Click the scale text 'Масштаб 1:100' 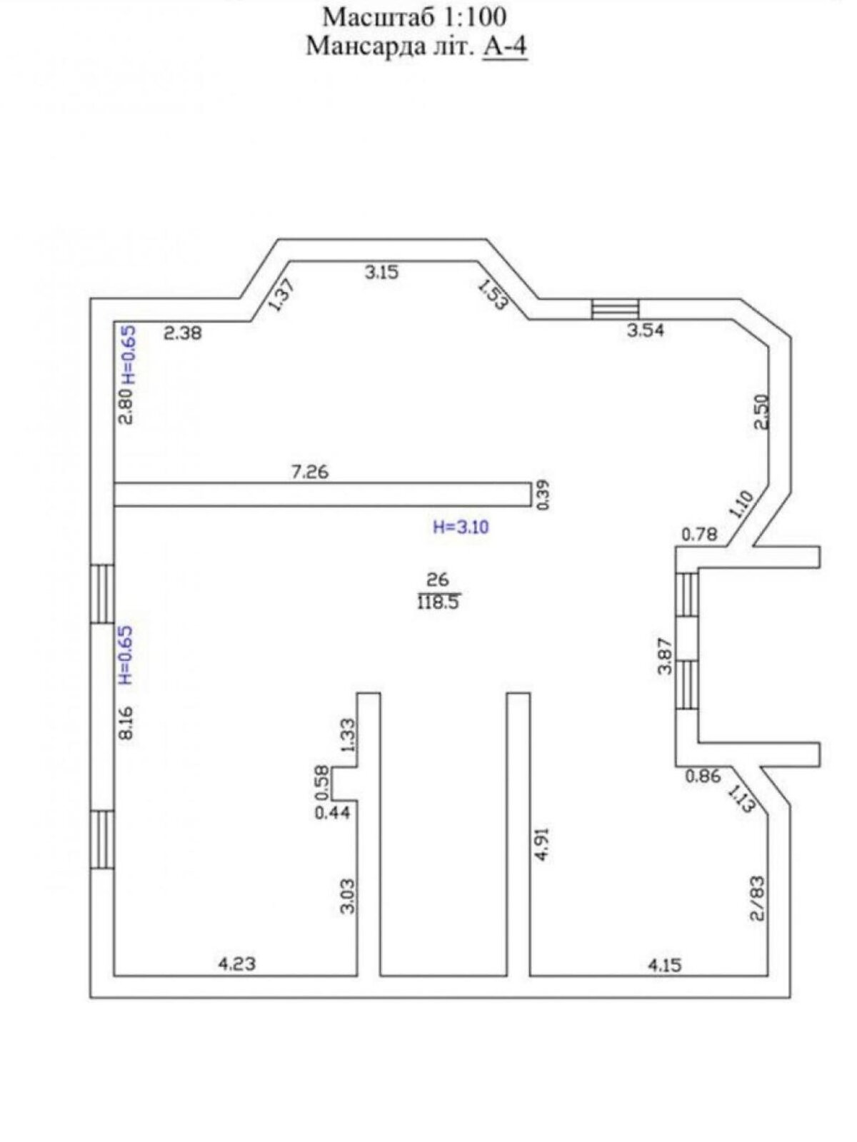415,18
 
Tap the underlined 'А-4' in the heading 506,46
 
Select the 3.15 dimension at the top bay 381,272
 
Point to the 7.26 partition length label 310,472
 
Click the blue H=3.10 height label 461,527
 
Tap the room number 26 437,579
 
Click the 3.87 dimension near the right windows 666,657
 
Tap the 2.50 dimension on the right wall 761,412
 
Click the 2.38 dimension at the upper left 183,333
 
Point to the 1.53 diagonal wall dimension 492,295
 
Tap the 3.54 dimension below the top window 645,330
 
